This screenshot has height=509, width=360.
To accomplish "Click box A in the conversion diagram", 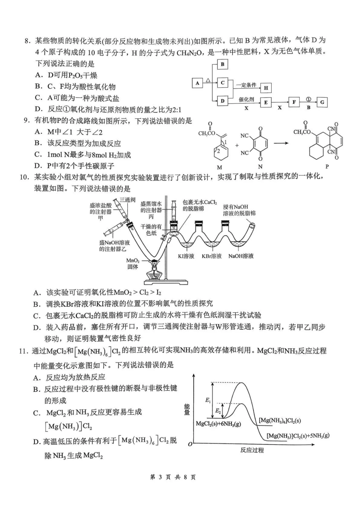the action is [197, 83].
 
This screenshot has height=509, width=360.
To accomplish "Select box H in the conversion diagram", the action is [266, 88].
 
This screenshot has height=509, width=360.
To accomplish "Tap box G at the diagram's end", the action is [322, 102].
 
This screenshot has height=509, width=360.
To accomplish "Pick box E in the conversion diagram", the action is [266, 102].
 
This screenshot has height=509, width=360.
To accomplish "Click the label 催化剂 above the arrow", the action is [246, 100].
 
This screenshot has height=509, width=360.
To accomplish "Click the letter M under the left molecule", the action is [219, 167].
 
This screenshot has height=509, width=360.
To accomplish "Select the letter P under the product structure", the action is [327, 166].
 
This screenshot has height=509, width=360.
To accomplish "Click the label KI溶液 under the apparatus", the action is [186, 256].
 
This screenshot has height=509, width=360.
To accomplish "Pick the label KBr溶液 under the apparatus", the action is [211, 256].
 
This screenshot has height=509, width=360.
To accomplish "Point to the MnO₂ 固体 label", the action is [133, 264].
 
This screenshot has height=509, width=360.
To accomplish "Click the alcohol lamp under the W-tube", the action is [154, 272].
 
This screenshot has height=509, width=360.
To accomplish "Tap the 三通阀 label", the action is [128, 200].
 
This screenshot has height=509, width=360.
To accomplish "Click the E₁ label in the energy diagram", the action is [208, 400].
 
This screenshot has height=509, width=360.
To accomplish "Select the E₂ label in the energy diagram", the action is [218, 411].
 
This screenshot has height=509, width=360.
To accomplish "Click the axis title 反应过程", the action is [252, 450].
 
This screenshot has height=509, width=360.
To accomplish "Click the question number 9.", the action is [27, 121].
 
